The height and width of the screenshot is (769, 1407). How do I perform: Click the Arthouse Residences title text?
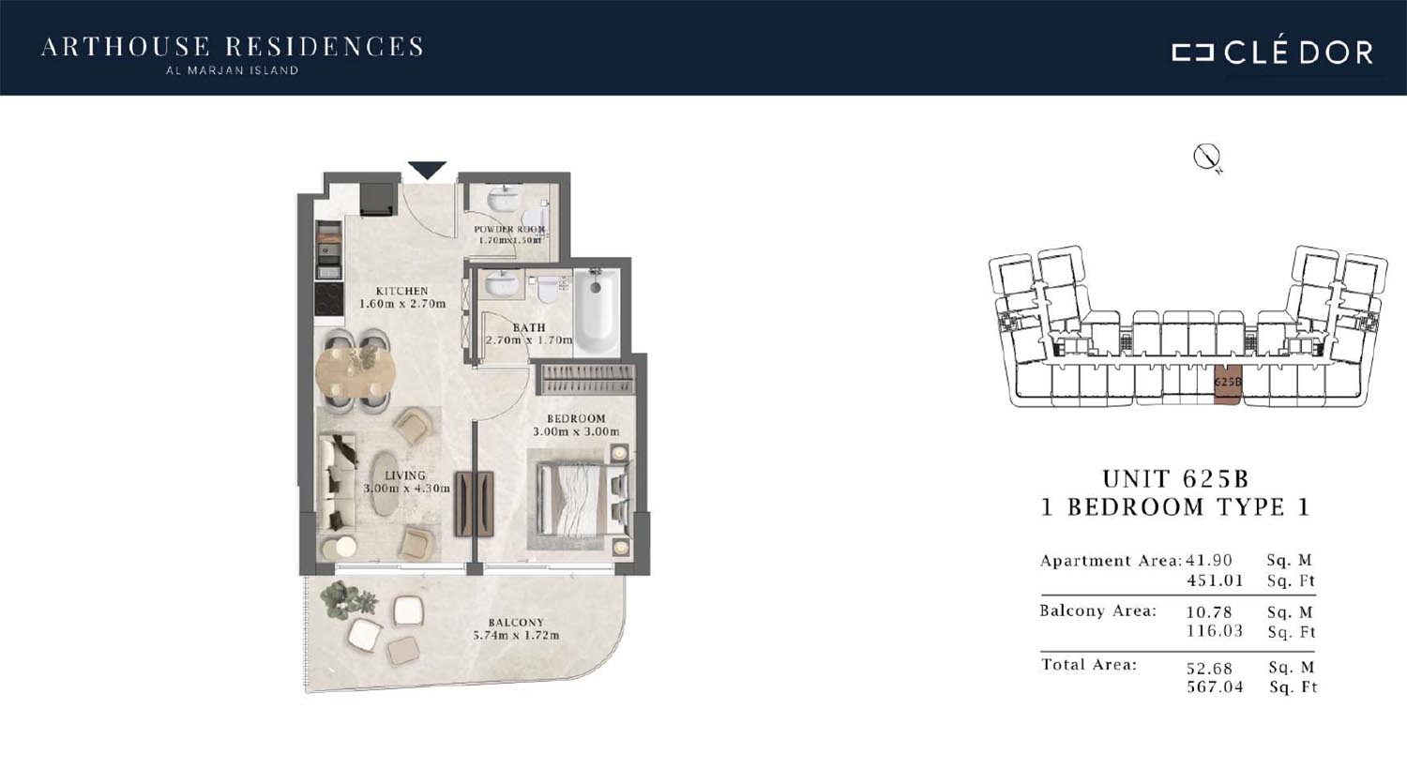tap(232, 47)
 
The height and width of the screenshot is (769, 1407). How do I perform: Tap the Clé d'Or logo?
tap(1272, 53)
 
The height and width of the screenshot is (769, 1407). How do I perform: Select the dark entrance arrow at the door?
tap(427, 170)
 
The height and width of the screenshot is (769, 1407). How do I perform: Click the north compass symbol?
tap(1207, 158)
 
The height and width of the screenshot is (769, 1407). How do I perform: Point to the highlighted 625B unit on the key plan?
tap(1227, 384)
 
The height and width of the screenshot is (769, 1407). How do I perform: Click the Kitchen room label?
tap(402, 291)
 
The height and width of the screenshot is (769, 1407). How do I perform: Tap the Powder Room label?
tap(509, 229)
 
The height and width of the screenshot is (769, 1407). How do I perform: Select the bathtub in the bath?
tap(596, 310)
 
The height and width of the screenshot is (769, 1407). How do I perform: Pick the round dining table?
tap(356, 372)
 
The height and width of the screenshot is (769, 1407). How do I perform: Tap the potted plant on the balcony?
tap(347, 599)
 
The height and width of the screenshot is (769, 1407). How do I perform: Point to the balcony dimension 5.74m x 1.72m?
tap(516, 635)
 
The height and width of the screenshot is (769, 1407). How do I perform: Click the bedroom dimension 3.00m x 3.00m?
tap(576, 431)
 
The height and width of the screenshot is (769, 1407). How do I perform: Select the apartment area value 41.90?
tap(1209, 560)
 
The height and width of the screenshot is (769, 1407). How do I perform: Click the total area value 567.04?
tap(1215, 686)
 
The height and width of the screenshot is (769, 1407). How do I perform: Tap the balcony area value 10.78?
tap(1209, 611)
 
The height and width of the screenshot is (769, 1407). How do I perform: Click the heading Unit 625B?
tap(1175, 479)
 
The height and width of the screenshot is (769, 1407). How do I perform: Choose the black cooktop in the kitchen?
tap(328, 299)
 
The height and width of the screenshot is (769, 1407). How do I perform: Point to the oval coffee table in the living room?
tap(384, 484)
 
